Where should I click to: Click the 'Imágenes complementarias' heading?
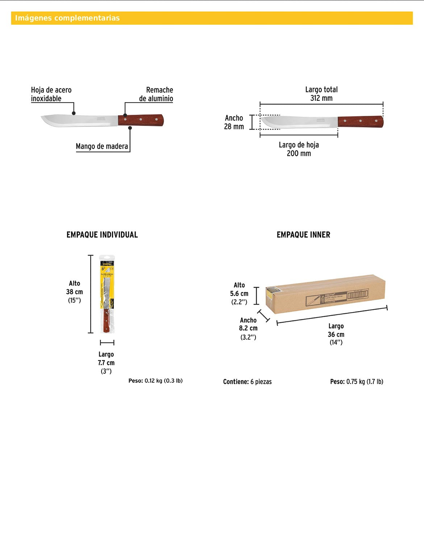coord(67,18)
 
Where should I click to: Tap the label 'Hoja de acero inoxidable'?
coord(51,94)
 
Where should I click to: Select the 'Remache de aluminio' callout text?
coord(156,94)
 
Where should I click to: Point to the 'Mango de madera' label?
coord(102,147)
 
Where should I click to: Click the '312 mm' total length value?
coord(321,98)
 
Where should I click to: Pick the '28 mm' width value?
coord(234,127)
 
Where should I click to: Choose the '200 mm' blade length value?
coord(299,153)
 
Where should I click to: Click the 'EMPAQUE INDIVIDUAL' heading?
coord(102,235)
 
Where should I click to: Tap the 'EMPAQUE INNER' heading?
coord(303,235)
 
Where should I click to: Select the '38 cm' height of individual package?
coord(74,292)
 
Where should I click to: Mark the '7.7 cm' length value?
coord(106,363)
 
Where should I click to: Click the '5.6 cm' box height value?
coord(239,294)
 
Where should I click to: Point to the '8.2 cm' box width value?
coord(248,328)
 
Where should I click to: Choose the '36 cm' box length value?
coord(336,334)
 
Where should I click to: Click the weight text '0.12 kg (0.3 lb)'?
coord(163,381)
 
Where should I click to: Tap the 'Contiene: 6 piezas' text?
coord(247,382)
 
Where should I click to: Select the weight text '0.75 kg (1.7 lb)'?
coord(365,382)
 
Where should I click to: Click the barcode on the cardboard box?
coord(358,294)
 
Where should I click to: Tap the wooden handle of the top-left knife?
coord(141,120)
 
